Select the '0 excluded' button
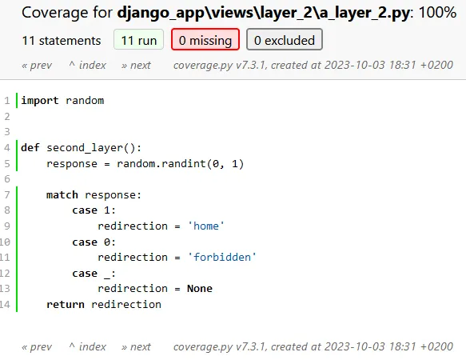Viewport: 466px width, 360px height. click(x=285, y=40)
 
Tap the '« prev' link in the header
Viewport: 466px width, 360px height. click(x=37, y=65)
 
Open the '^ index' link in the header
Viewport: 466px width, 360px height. click(x=87, y=65)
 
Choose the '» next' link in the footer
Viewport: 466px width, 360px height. click(x=136, y=346)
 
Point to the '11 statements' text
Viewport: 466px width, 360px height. click(x=62, y=40)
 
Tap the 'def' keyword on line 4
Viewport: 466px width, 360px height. click(x=30, y=147)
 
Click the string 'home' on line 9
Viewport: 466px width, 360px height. click(x=206, y=226)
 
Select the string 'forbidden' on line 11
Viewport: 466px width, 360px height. click(x=222, y=257)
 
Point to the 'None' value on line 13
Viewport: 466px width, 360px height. click(x=200, y=288)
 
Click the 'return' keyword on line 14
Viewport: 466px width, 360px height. click(x=66, y=304)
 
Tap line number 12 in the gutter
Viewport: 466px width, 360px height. click(x=6, y=273)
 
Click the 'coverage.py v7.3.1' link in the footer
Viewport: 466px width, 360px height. click(x=217, y=346)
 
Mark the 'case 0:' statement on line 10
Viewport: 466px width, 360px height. click(x=94, y=242)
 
